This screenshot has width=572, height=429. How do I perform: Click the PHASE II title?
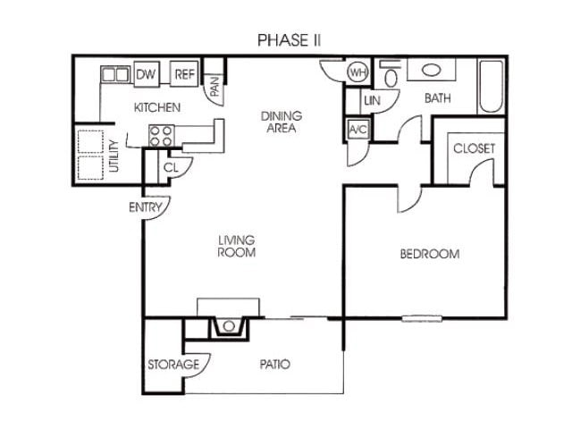pos(289,40)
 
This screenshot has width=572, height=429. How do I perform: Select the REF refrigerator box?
pos(184,75)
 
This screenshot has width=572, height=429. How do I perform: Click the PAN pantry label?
pos(214,87)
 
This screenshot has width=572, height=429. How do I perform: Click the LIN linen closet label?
pos(372,101)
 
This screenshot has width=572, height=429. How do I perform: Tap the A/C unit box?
pos(357,130)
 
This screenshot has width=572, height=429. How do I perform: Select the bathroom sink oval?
pos(430,71)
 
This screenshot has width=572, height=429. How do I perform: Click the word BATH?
pos(437,98)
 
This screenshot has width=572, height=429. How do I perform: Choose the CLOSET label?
pos(473,148)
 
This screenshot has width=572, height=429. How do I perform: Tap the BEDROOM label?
pos(429,254)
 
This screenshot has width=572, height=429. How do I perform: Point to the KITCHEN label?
pos(157,107)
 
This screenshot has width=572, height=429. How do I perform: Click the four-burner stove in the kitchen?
pos(162,135)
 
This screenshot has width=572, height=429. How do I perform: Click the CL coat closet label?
pos(172,165)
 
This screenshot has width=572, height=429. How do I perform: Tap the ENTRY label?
pos(145,207)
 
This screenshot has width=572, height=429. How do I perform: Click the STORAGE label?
pos(173,365)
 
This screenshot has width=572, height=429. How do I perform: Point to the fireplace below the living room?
pos(229,326)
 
